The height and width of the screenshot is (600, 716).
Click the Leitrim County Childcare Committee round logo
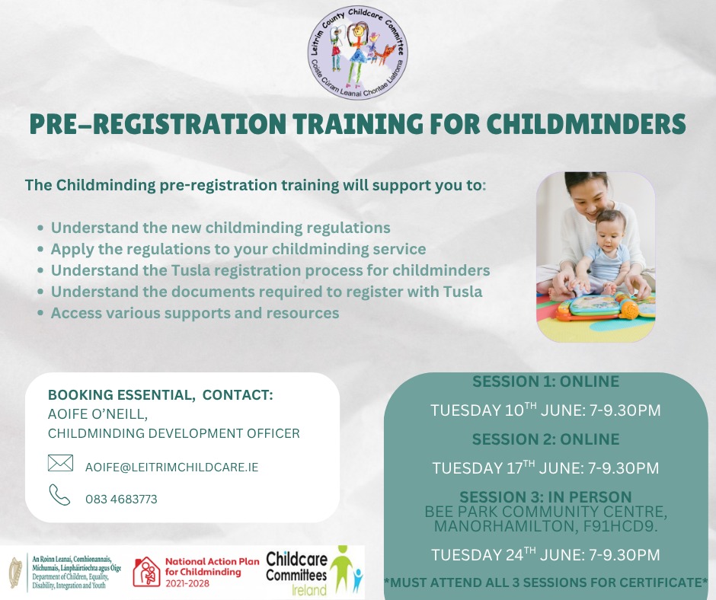pyautogui.click(x=357, y=51)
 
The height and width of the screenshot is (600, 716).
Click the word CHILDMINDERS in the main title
pyautogui.click(x=586, y=124)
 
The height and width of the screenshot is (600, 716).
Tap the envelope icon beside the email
pyautogui.click(x=60, y=463)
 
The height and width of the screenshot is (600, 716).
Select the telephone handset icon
pyautogui.click(x=60, y=495)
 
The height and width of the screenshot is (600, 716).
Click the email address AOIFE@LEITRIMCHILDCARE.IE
pyautogui.click(x=171, y=467)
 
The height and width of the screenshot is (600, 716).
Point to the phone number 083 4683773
pyautogui.click(x=121, y=499)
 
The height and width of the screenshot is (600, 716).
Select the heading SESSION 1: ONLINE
pyautogui.click(x=545, y=381)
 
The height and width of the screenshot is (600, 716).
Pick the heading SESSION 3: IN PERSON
pyautogui.click(x=545, y=496)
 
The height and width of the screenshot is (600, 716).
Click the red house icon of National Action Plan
pyautogui.click(x=146, y=572)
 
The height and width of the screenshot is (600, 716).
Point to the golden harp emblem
pyautogui.click(x=15, y=573)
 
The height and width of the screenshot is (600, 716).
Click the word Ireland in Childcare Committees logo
pyautogui.click(x=309, y=589)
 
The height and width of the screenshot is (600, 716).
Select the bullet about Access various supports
pyautogui.click(x=195, y=313)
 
